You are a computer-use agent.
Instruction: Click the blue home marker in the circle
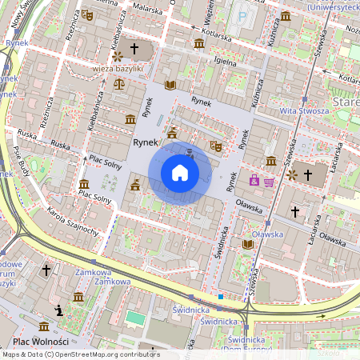tap(179, 173)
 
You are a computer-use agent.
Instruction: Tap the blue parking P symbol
tap(242, 15)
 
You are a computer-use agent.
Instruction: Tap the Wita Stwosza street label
tap(304, 110)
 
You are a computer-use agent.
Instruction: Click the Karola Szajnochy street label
tap(73, 224)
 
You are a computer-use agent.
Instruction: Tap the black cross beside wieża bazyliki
tap(134, 50)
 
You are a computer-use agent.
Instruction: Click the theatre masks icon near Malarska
tap(88, 14)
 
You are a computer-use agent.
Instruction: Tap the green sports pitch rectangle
tap(135, 318)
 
